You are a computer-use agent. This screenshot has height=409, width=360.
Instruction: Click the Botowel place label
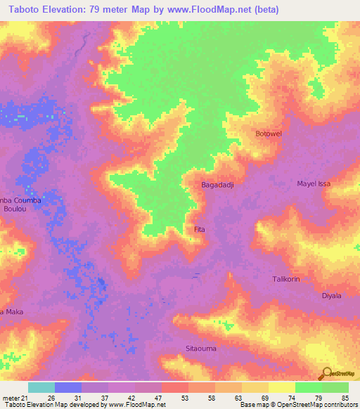268,134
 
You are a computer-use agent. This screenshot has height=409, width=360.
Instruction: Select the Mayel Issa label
314,183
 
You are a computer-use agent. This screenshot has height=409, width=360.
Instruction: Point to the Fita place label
199,229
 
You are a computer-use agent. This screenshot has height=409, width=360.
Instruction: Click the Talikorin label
286,279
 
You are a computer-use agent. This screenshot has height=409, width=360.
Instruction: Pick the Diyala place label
331,296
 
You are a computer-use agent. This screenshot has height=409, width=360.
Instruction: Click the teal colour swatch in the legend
41,387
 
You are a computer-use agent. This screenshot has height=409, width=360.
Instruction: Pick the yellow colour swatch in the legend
281,387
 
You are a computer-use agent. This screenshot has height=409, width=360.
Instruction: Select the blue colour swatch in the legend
68,387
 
